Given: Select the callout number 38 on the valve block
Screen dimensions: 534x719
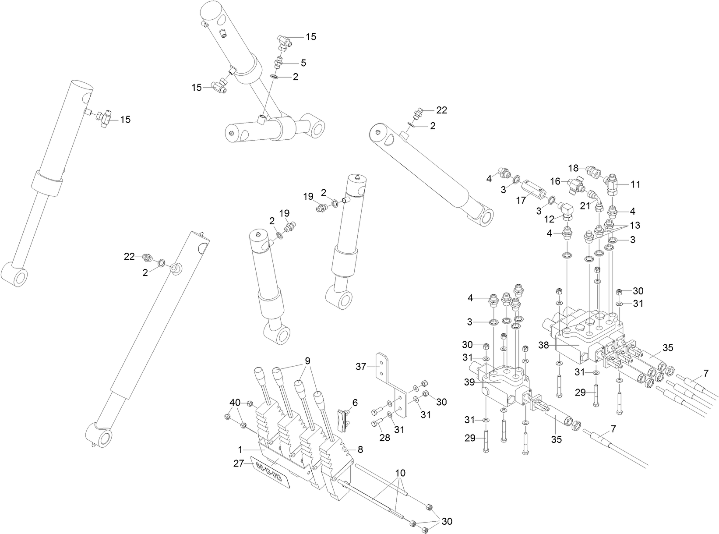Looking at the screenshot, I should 543,345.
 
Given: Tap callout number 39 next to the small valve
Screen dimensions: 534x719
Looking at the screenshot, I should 470,382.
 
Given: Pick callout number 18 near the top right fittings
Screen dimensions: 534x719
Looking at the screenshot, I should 574,168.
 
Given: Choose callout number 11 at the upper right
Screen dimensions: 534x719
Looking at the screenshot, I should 635,184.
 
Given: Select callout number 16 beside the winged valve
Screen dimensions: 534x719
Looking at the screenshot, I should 555,181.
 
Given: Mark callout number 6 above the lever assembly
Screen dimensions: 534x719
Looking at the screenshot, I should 354,402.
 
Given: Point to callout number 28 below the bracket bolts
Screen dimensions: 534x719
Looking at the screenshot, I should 384,438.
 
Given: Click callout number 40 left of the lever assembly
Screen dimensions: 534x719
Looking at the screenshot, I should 235,402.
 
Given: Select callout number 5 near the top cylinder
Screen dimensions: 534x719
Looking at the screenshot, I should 303,63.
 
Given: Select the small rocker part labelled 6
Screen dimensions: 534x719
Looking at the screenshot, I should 342,419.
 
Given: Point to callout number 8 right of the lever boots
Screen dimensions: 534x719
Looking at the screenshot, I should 360,449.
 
